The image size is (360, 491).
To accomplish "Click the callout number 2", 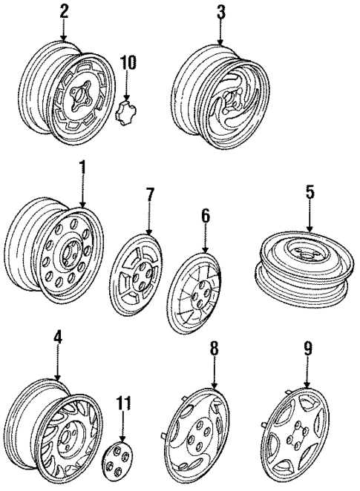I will pos(64,11).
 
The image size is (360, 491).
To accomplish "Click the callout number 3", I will pos(220,11).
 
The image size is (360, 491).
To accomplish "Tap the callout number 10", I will pos(128,62).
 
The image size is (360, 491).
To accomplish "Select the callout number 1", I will pos(82,170).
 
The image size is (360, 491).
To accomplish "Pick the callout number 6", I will pos(205,217).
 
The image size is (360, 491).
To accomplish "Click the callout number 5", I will pos(310,194).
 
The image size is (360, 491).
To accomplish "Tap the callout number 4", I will pos(58,340).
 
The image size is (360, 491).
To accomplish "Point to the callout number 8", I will pos(214,347).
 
